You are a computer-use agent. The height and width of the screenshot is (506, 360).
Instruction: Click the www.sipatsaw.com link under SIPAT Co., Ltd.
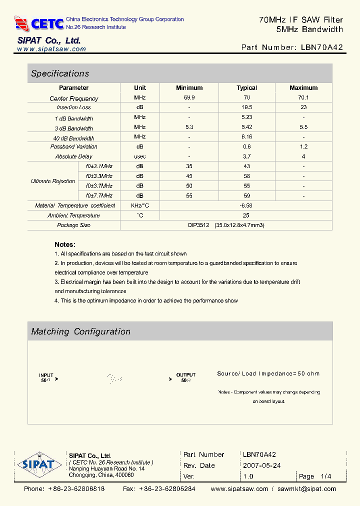(x=51, y=49)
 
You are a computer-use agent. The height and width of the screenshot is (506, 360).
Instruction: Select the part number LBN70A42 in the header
(x=322, y=47)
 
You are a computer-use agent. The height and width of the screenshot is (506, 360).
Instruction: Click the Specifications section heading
(x=60, y=73)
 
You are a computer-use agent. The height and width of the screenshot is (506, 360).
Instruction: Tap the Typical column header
(x=246, y=88)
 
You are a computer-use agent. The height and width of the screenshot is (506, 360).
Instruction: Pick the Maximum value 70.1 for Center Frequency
(x=303, y=98)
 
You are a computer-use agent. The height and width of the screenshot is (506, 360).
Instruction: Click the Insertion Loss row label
(x=73, y=107)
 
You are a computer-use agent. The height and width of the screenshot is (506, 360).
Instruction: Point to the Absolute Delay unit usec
(x=139, y=156)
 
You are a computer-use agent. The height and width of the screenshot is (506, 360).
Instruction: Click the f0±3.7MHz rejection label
(x=99, y=186)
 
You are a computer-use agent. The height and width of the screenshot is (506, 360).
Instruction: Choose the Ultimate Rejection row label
(x=53, y=181)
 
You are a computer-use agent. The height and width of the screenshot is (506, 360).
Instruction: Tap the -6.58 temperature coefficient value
(x=245, y=205)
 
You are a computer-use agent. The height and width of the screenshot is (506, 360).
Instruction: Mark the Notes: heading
(x=65, y=244)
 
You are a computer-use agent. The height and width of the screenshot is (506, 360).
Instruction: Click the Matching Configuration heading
(x=80, y=331)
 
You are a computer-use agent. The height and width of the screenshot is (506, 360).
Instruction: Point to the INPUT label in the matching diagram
(x=46, y=375)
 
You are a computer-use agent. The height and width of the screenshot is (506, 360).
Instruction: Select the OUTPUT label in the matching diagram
(x=186, y=375)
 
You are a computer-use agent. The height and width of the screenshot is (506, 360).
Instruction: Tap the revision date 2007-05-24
(x=261, y=465)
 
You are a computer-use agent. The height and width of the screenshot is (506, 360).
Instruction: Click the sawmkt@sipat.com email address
(x=306, y=489)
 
